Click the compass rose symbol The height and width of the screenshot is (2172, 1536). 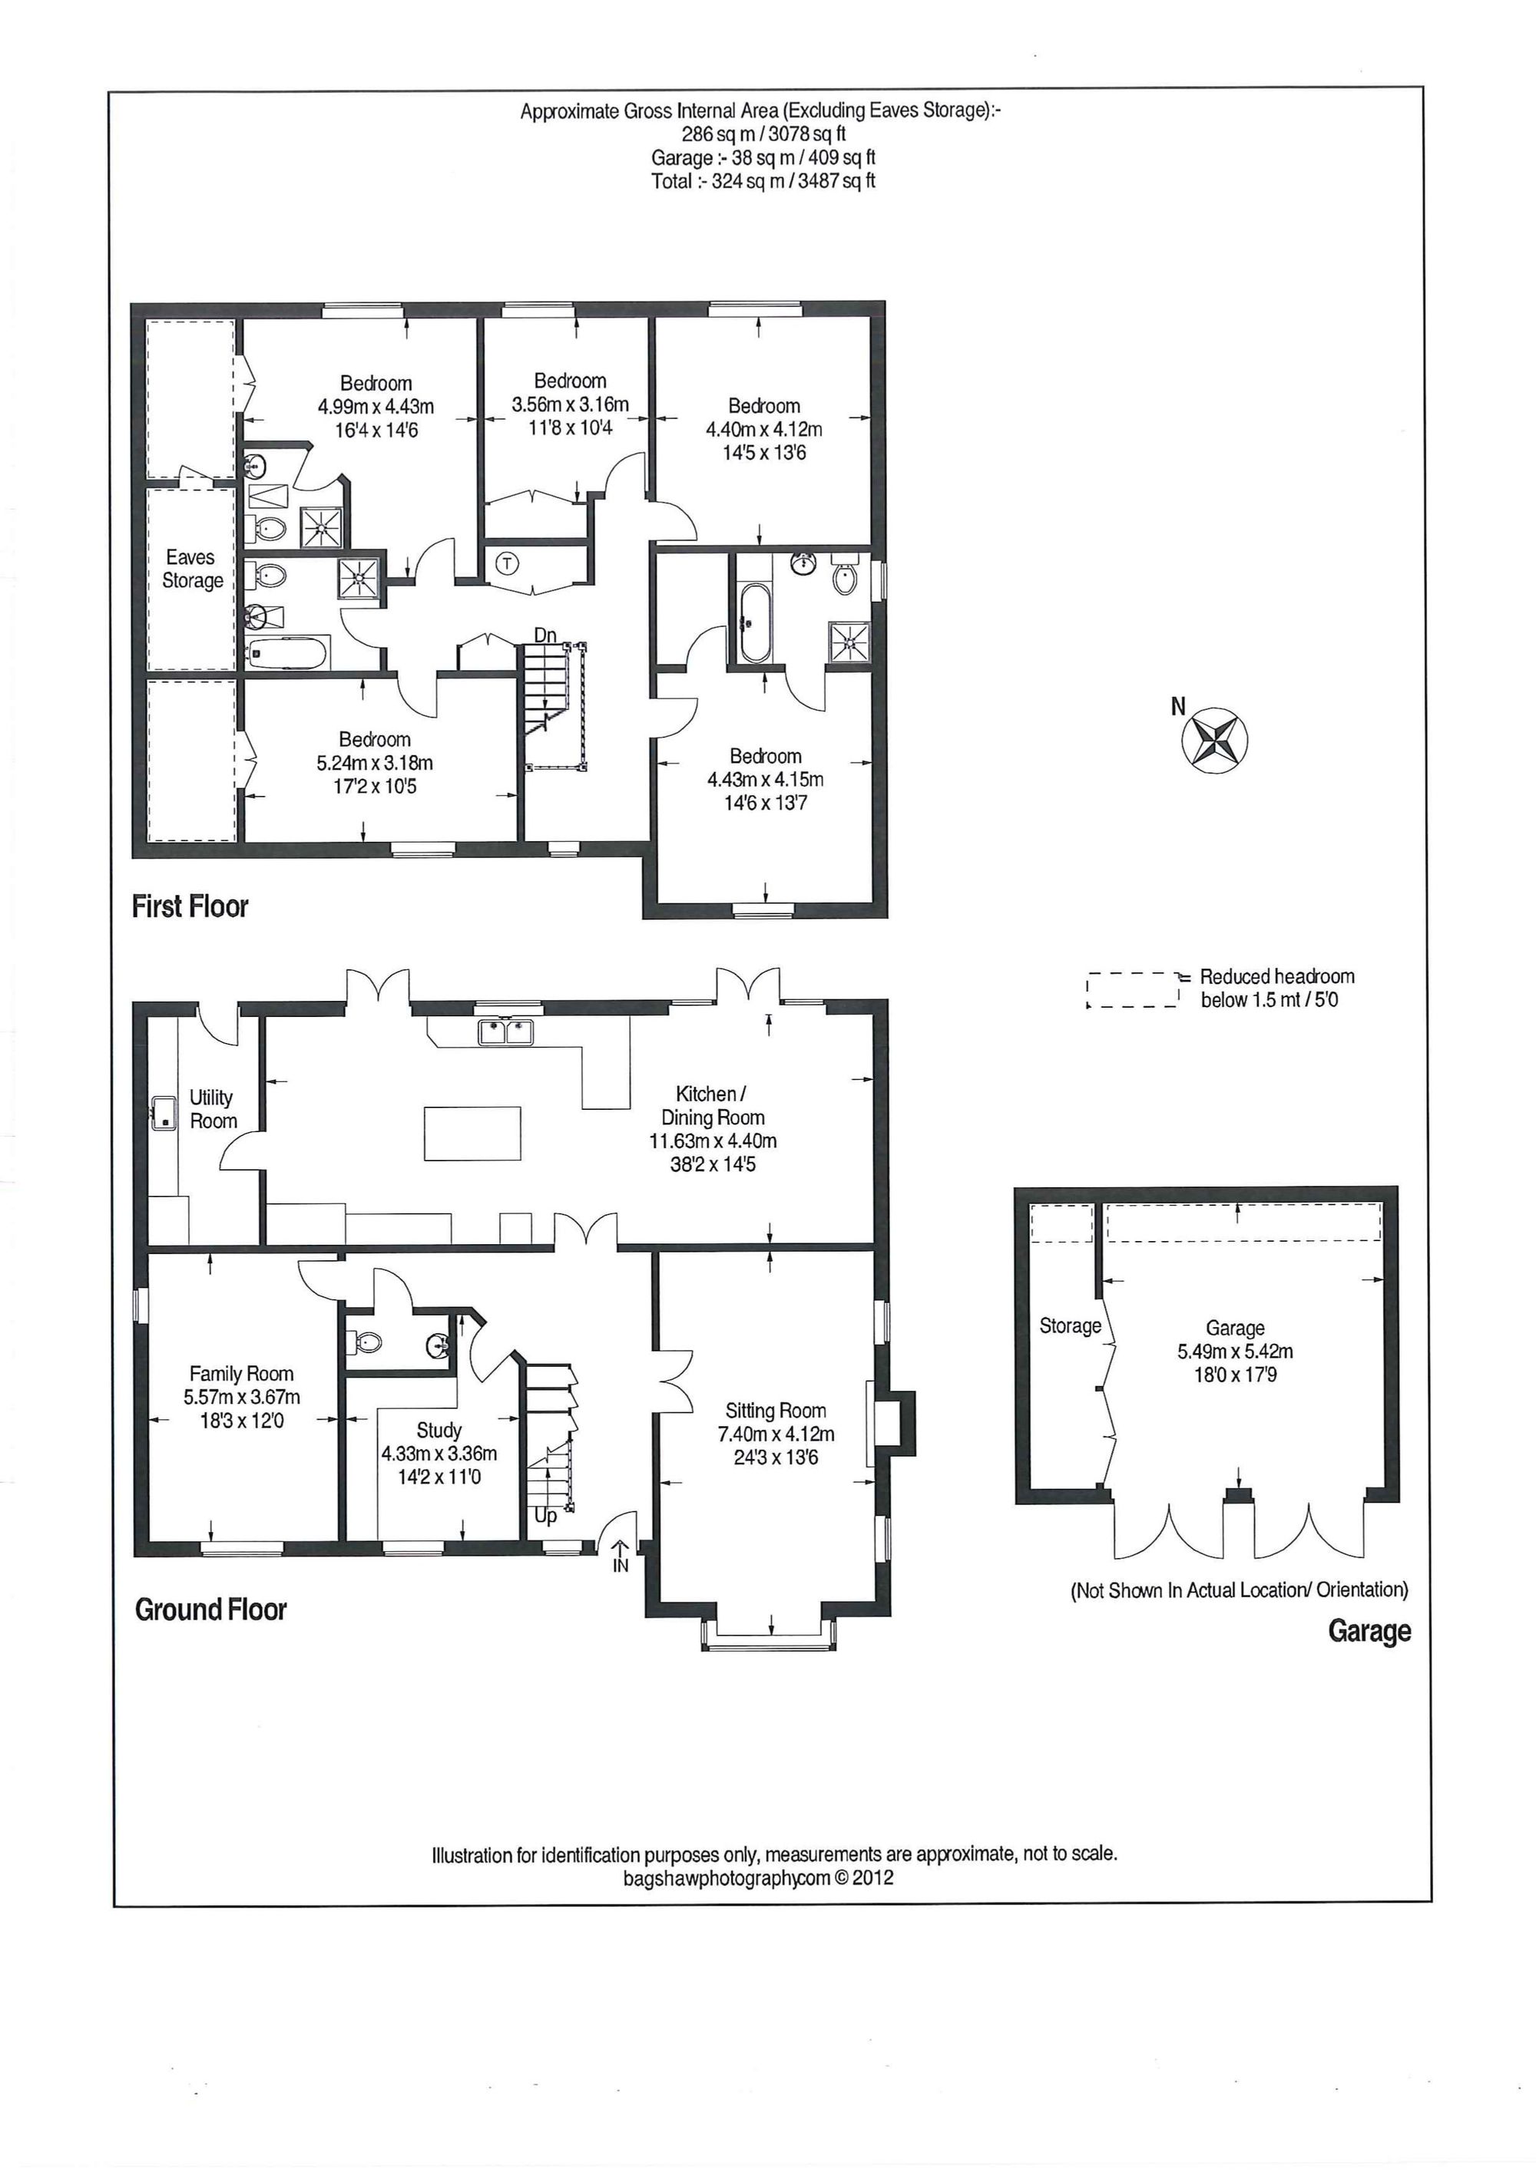point(1214,740)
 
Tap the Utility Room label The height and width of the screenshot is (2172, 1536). point(212,1109)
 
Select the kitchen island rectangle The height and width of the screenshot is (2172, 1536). point(472,1134)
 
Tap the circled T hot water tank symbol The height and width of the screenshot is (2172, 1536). point(508,565)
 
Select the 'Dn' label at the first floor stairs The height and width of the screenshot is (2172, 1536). point(545,635)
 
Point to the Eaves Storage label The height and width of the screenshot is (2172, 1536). point(192,569)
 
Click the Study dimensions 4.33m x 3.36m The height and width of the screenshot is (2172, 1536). point(439,1454)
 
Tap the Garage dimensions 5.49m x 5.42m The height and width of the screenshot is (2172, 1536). point(1234,1352)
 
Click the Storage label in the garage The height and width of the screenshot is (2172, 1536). point(1069,1325)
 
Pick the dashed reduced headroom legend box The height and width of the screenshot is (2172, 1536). point(1133,989)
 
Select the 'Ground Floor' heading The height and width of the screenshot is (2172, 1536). point(210,1609)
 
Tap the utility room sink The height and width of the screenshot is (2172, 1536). point(164,1113)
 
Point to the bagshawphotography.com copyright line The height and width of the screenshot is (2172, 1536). point(757,1878)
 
